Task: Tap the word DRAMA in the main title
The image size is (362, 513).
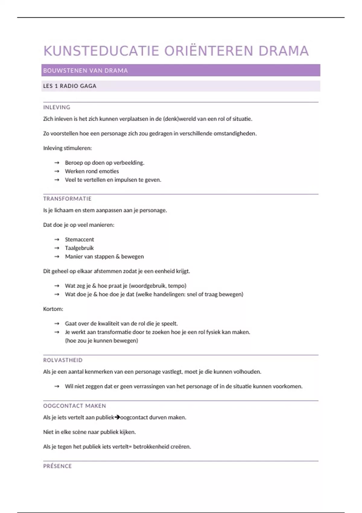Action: click(x=284, y=51)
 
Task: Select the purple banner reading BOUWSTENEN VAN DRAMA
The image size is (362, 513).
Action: click(x=180, y=70)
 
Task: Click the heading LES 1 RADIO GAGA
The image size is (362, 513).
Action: click(x=70, y=86)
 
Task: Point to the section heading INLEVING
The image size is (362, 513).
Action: click(x=57, y=107)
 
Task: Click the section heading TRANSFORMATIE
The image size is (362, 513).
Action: click(x=67, y=199)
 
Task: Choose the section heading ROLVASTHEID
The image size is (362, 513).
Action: click(x=63, y=360)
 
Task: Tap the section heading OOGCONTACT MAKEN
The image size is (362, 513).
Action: click(x=75, y=406)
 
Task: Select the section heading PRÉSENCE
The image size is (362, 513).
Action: click(x=57, y=466)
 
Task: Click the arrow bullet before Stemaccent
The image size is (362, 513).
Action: click(x=57, y=240)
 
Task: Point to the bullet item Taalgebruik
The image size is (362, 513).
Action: click(x=79, y=248)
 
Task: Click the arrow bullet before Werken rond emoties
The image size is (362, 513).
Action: click(x=57, y=171)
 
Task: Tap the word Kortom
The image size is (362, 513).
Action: click(x=53, y=309)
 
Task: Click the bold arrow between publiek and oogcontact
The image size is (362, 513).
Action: click(x=117, y=417)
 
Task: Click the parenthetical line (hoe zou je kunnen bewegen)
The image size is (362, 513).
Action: click(x=101, y=341)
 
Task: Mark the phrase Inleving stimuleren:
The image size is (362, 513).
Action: click(x=67, y=148)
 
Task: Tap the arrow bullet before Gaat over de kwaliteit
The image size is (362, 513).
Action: click(x=57, y=324)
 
